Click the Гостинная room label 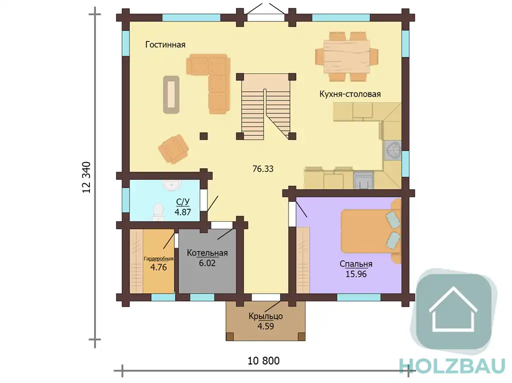pos(165,45)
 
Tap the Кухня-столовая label pos(350,94)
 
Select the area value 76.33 pos(263,169)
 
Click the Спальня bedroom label pos(356,264)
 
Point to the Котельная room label pos(207,253)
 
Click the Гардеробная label pos(158,259)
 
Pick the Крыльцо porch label pos(266,316)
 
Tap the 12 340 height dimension pos(86,177)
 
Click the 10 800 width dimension pos(263,361)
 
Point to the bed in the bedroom pos(370,231)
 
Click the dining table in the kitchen pos(347,56)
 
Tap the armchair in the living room pos(173,149)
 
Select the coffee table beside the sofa pos(171,94)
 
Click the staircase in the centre pos(266,106)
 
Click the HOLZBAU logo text pos(452,366)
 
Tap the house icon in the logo pos(453,309)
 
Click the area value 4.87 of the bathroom pos(183,212)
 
